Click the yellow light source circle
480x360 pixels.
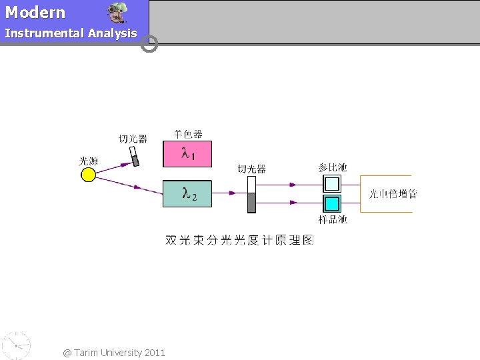[88, 175]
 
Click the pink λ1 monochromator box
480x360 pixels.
[187, 154]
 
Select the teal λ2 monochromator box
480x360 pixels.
[187, 194]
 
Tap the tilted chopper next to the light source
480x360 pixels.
[135, 157]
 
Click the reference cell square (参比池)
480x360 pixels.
[332, 183]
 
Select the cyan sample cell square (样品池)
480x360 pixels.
[332, 203]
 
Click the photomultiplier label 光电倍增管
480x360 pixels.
[393, 194]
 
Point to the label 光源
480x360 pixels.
[88, 161]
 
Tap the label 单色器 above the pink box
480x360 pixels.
[188, 134]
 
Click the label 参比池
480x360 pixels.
[333, 167]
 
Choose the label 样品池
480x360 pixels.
[333, 219]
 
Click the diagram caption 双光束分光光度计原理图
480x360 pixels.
[239, 240]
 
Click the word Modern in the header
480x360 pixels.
[35, 13]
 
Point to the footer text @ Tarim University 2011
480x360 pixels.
[114, 352]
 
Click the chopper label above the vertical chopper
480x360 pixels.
[252, 169]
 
